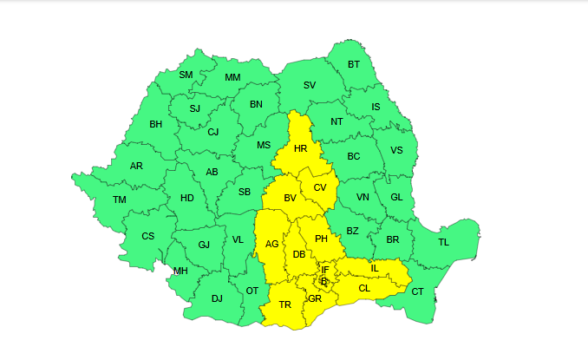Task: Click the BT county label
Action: coord(354,64)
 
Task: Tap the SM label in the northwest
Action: coord(186,75)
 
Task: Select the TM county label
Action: coord(120,200)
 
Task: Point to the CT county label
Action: coord(417,291)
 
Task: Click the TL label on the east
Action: coord(444,242)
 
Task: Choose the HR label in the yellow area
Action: coord(301,149)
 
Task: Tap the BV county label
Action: coord(290,199)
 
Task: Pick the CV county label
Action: coord(320,187)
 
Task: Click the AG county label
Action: coord(272,244)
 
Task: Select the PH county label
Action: coord(321,239)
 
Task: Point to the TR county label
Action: coord(284,304)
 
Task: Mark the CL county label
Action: coord(364,288)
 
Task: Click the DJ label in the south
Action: coord(217,299)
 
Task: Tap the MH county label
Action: coord(180,271)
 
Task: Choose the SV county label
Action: coord(310,85)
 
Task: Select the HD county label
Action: coord(187,198)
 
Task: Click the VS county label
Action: coord(397,150)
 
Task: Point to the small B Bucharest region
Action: coord(323,281)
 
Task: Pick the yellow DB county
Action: coord(299,254)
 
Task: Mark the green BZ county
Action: coord(352,231)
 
